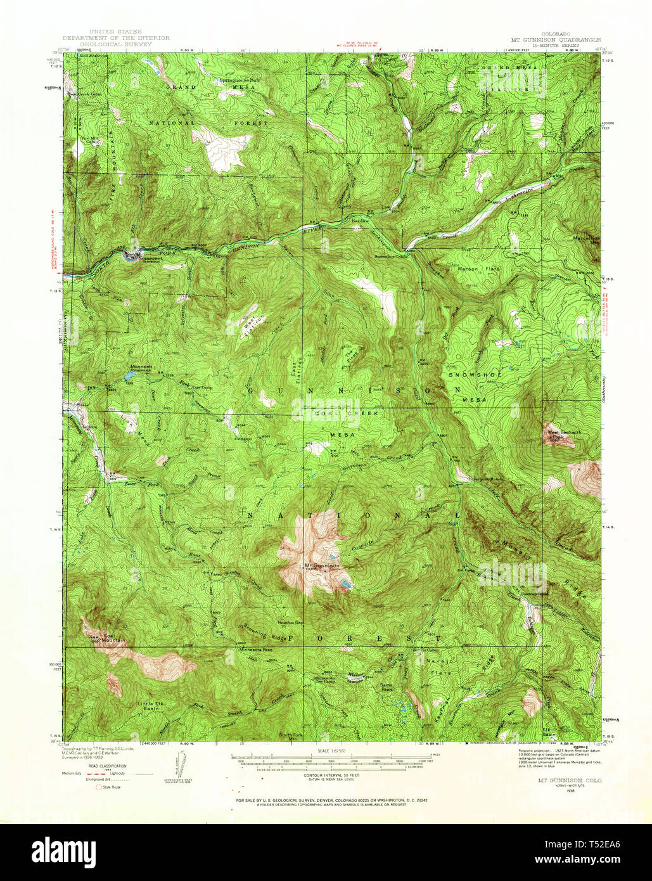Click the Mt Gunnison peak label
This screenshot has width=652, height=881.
(322, 565)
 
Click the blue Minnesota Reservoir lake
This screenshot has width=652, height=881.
(129, 375)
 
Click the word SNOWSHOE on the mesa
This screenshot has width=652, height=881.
(475, 375)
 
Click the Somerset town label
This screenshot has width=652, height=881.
(146, 258)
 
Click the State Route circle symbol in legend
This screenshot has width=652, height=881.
(98, 787)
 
